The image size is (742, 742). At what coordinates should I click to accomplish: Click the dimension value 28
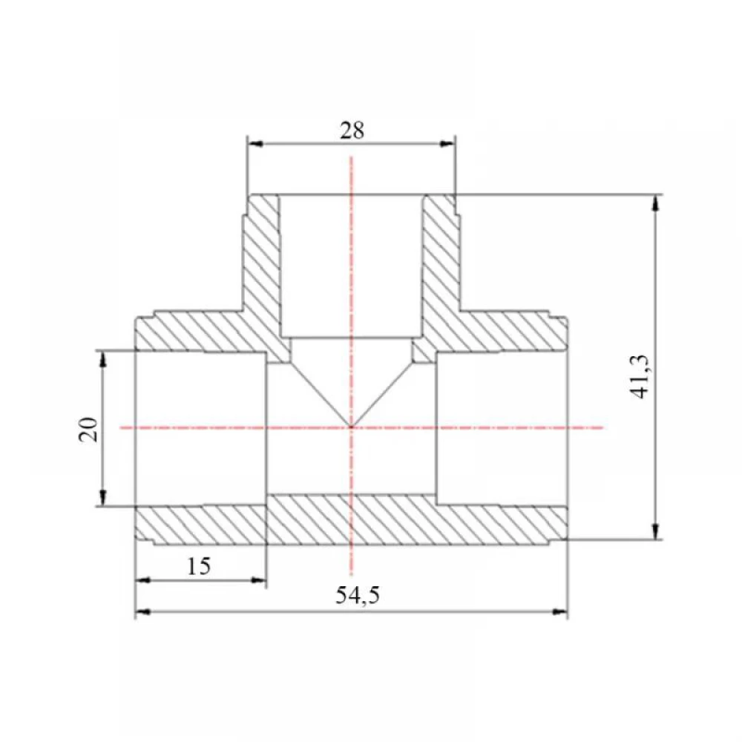352,130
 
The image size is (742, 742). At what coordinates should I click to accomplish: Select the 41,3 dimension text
642,377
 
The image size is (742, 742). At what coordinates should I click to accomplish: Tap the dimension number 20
88,429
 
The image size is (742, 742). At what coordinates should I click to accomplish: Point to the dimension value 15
199,566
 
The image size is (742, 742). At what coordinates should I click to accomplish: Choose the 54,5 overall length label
358,595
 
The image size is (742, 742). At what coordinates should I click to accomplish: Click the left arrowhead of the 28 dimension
255,143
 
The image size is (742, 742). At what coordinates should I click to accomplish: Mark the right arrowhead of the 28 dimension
447,143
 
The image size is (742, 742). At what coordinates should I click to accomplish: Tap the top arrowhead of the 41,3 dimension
655,203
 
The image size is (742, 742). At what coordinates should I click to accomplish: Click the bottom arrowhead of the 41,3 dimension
655,531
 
